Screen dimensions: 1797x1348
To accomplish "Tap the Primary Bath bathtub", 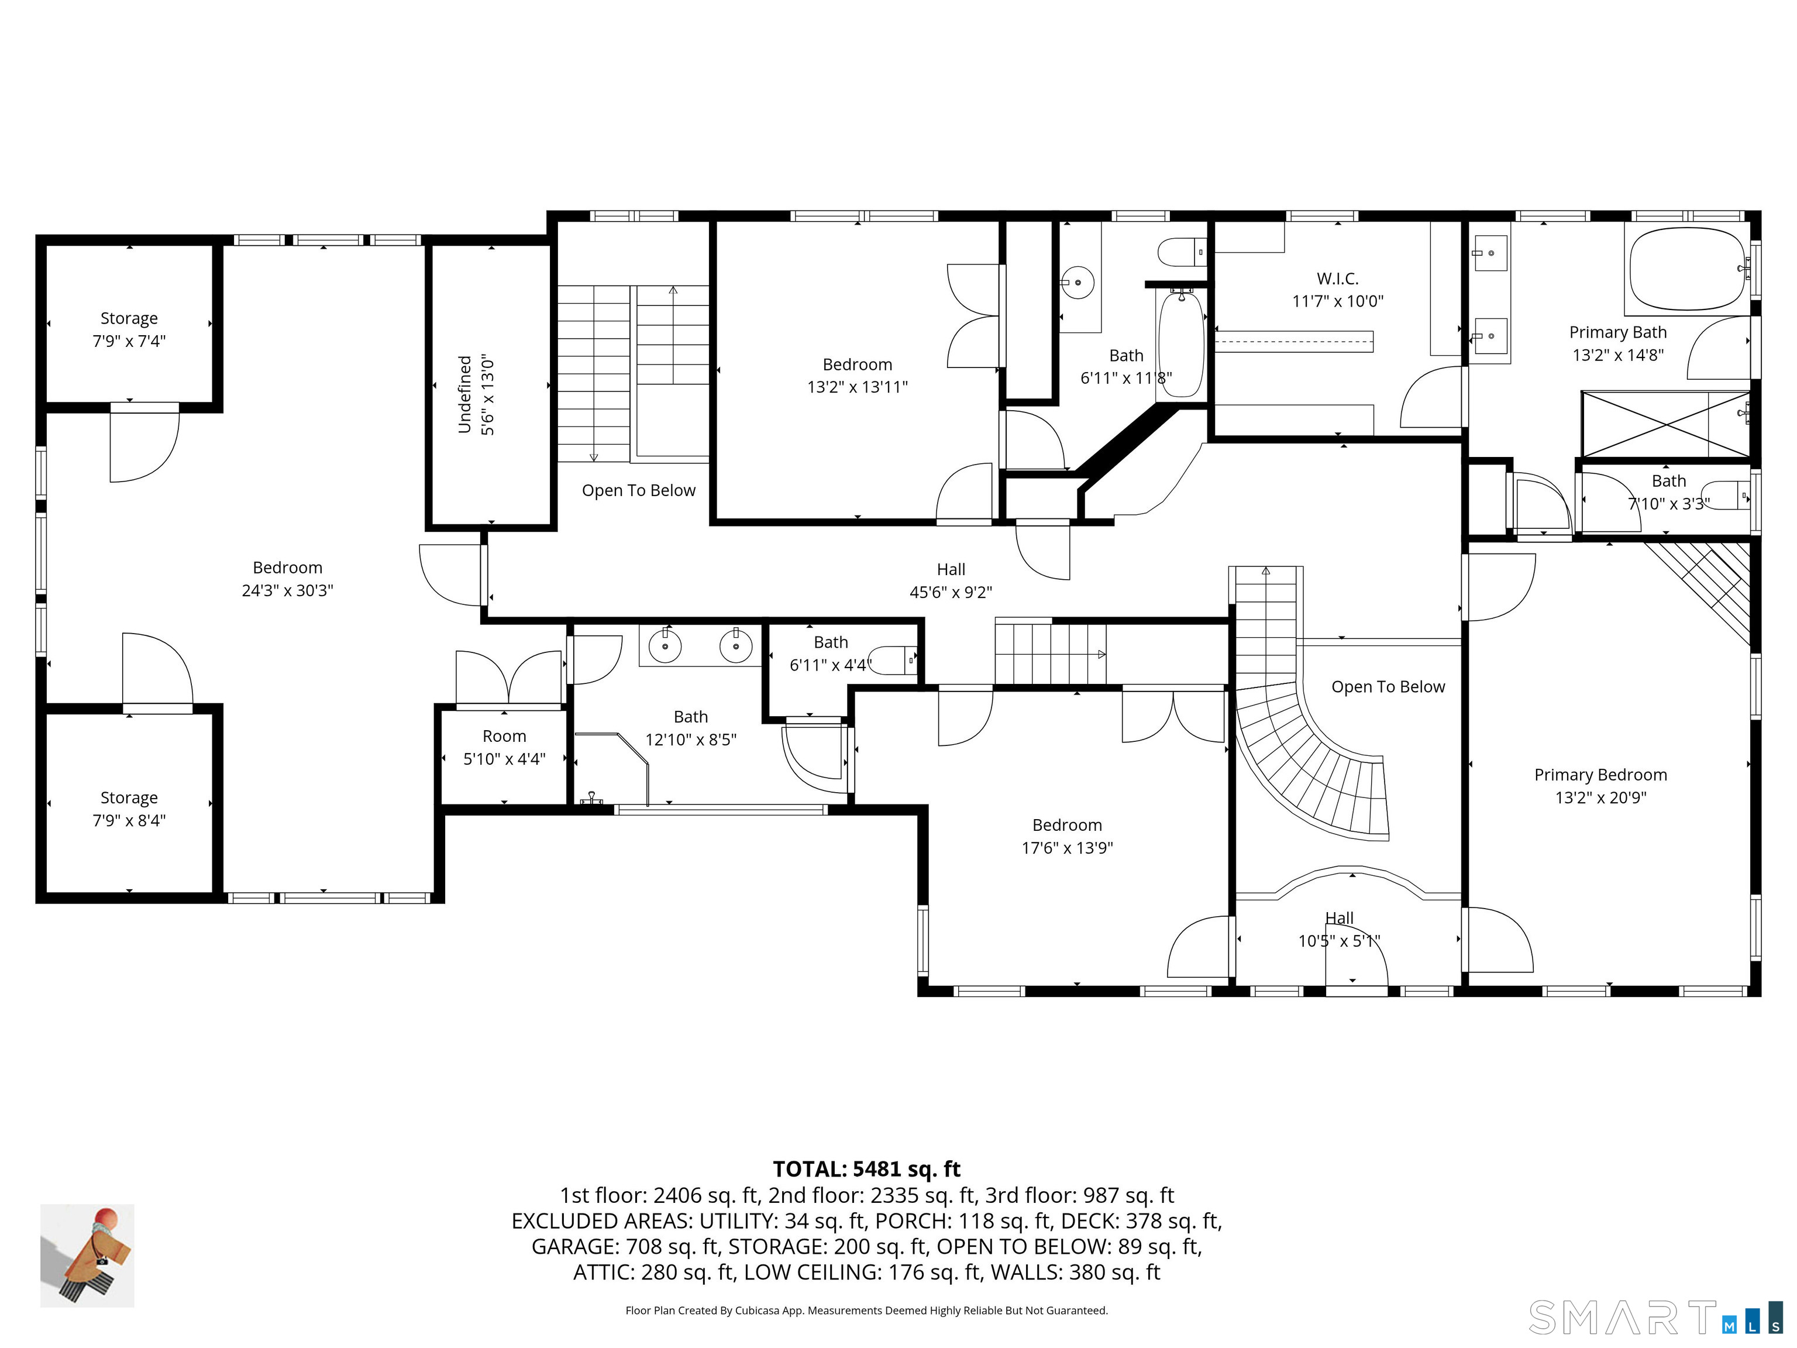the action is (x=1688, y=269).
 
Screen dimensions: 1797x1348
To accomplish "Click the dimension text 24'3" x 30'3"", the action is (x=288, y=591).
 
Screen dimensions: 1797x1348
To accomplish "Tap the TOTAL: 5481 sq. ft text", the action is (x=866, y=1169).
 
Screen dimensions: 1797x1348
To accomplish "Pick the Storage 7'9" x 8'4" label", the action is (x=129, y=809).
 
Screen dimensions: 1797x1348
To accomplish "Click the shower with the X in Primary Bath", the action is (x=1665, y=424).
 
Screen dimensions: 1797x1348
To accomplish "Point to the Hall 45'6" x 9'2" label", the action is (x=951, y=581).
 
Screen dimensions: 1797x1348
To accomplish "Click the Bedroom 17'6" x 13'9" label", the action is (x=1066, y=836).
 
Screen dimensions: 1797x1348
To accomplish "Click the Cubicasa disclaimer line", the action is (x=866, y=1311).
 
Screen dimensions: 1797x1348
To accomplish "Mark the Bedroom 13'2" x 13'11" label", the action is (x=857, y=376).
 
